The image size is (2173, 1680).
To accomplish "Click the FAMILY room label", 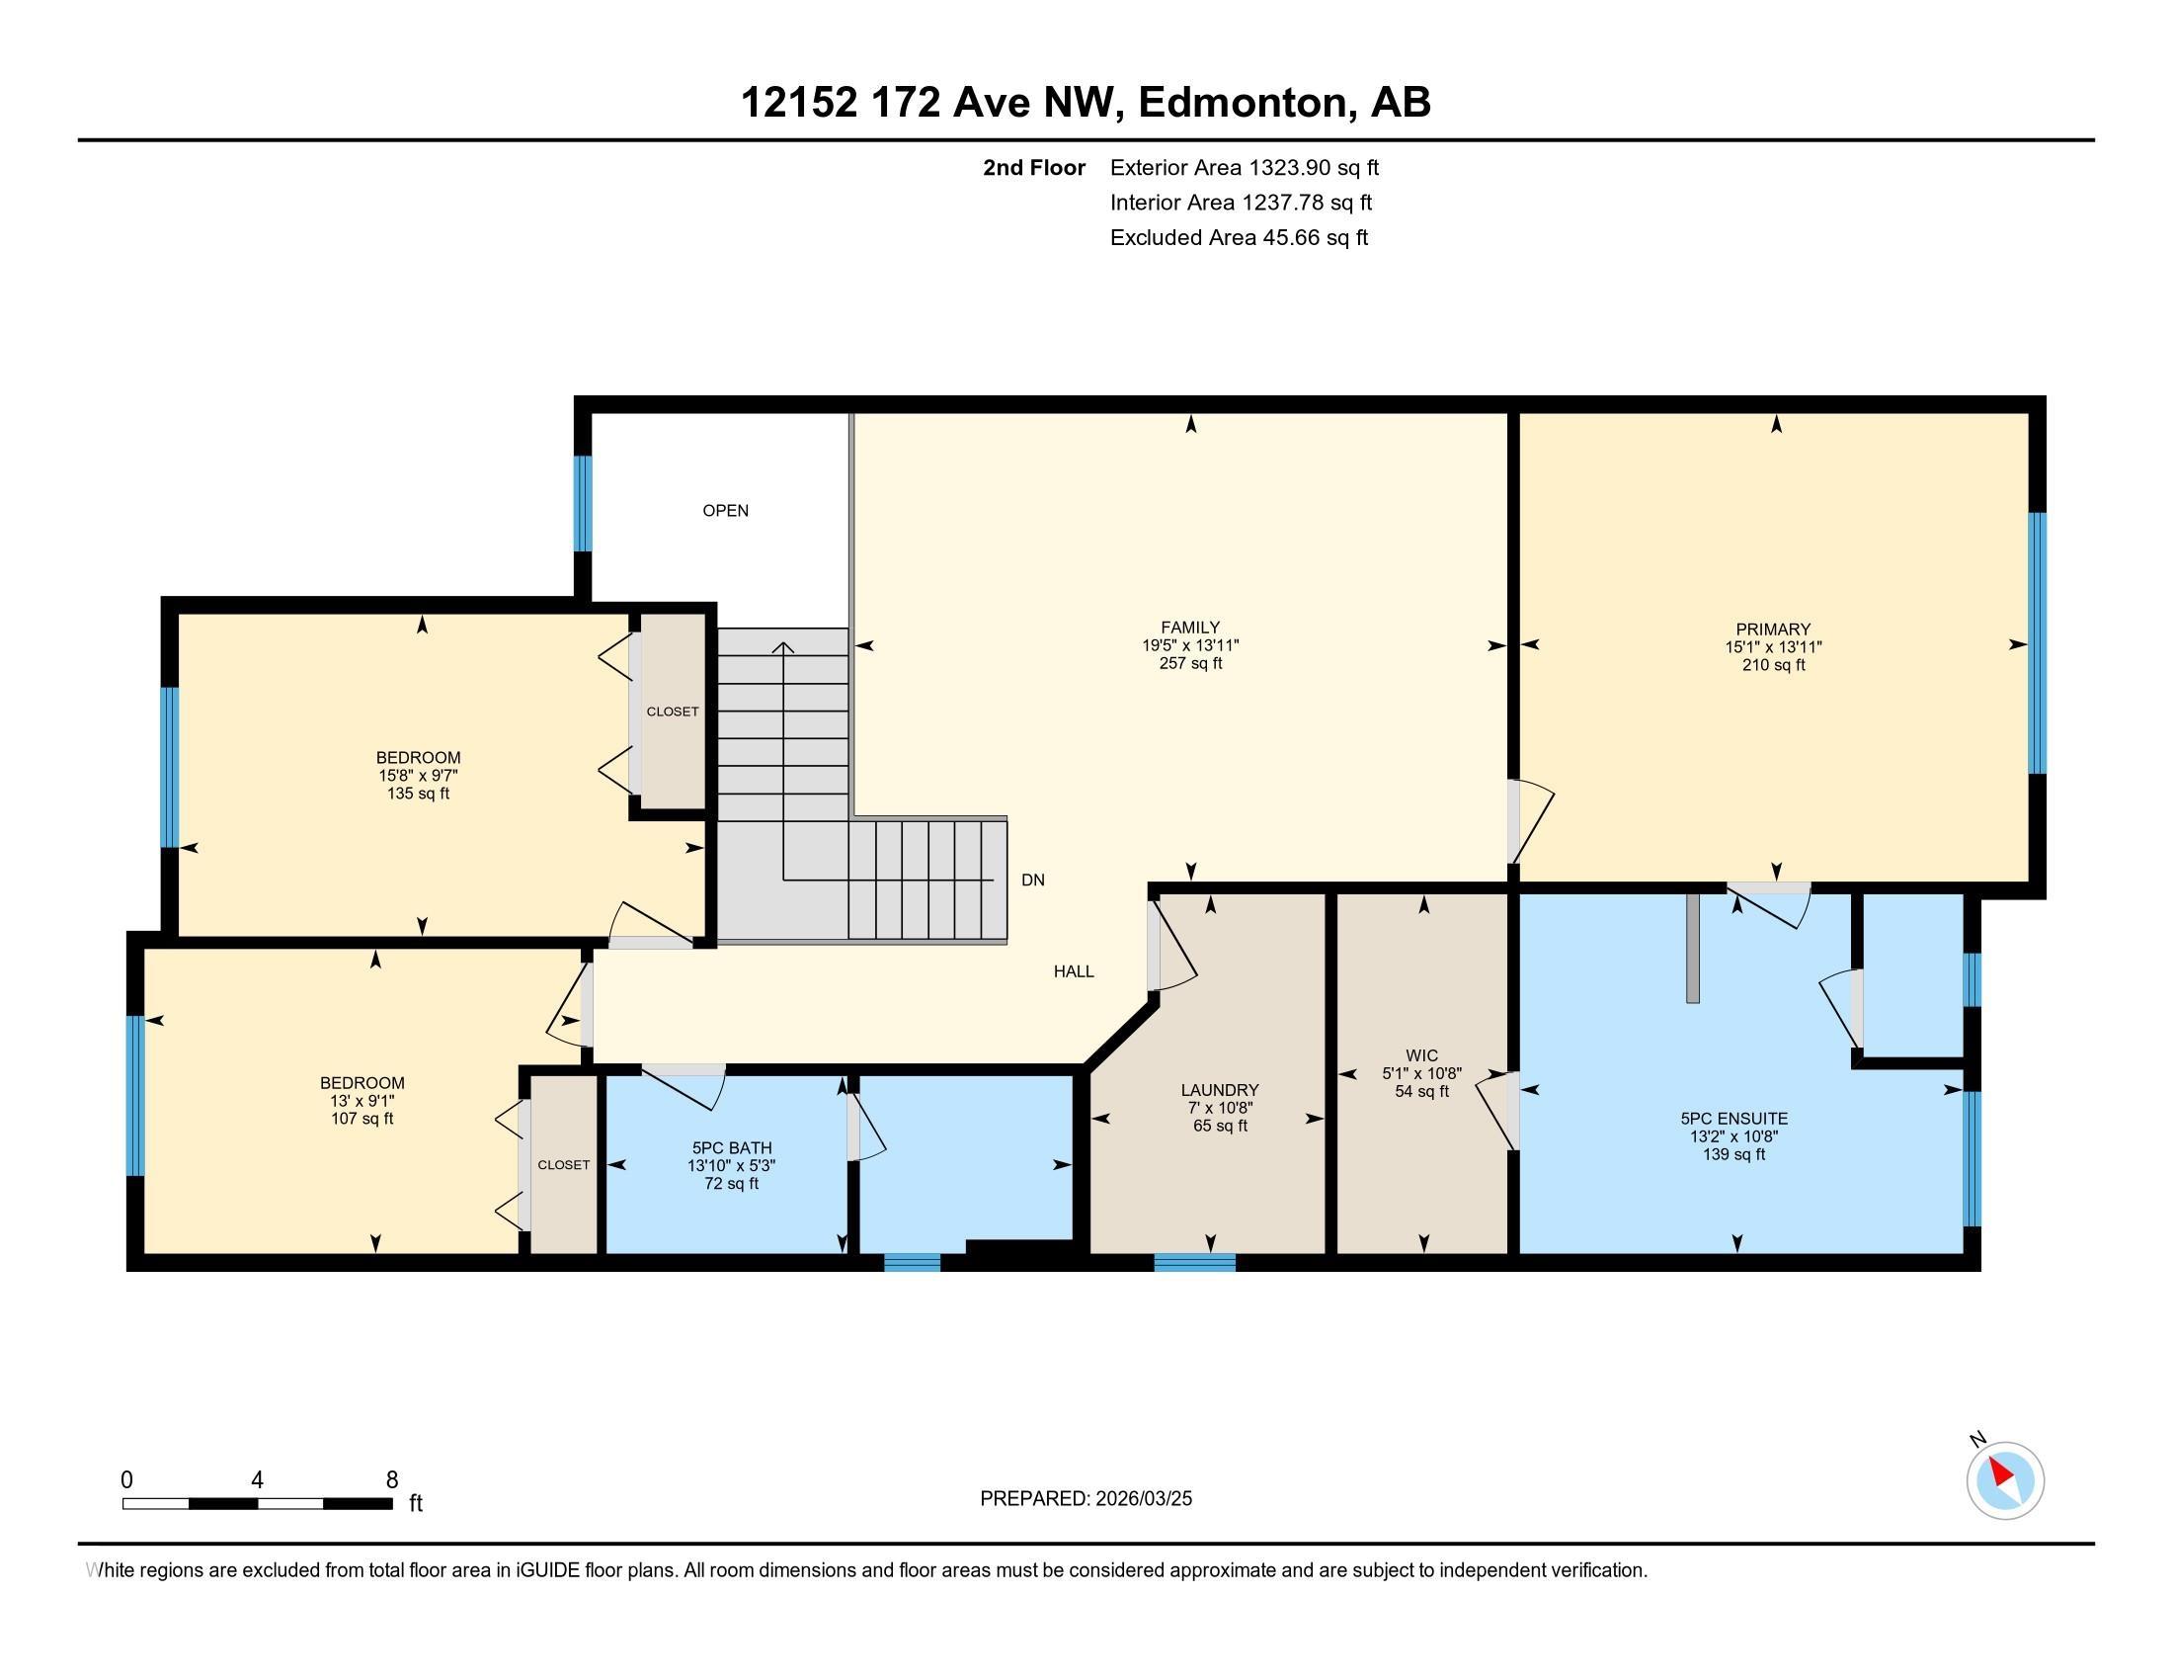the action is click(1190, 628).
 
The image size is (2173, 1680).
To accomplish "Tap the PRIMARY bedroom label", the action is click(1773, 629).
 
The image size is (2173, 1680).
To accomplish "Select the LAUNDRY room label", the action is click(1220, 1090).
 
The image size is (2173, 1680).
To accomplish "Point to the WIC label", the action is click(1421, 1056).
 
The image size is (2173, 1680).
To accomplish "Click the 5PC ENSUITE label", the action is click(1734, 1119).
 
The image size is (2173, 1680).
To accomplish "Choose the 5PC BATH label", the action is click(731, 1147).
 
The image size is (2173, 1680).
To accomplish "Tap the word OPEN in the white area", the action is click(725, 511).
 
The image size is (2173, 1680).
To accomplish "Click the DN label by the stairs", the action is click(1033, 880).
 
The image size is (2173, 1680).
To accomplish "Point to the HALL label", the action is click(1074, 971).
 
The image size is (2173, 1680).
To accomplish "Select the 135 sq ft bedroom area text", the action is click(418, 795).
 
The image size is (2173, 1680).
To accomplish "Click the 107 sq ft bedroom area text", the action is click(362, 1119).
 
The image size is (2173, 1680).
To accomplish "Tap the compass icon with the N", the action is click(2004, 1479).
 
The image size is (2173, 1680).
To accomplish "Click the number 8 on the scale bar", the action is click(392, 1480).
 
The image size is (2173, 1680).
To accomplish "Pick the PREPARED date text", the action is click(1086, 1499).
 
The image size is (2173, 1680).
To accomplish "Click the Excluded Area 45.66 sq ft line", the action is click(1239, 238).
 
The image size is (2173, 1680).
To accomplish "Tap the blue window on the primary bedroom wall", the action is click(2037, 643).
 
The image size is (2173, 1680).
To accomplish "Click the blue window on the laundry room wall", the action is click(1194, 1262).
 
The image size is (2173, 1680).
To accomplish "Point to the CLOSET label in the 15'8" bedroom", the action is click(673, 712).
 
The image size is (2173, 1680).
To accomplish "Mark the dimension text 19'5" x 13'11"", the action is click(1190, 646).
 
